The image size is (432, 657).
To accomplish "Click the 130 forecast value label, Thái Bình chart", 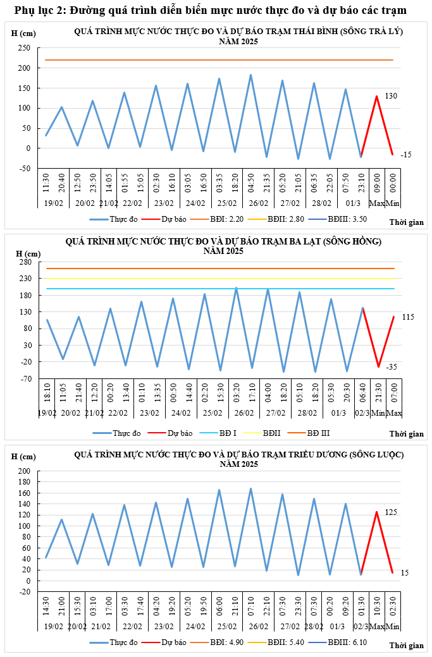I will pos(391,96).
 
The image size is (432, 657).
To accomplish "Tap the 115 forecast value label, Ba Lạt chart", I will pos(407,316).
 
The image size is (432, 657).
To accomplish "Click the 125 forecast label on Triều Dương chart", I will pos(391,512).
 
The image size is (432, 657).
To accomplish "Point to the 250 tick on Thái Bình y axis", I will pos(25,48).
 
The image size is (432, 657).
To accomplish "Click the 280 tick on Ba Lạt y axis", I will pos(25,262).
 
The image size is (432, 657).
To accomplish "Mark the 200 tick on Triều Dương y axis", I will pos(25,471).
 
